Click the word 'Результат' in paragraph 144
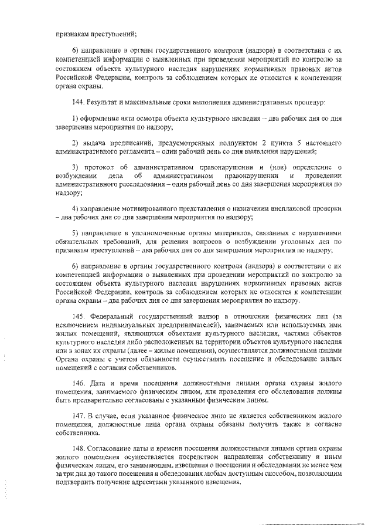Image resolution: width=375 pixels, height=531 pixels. pyautogui.click(x=104, y=103)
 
